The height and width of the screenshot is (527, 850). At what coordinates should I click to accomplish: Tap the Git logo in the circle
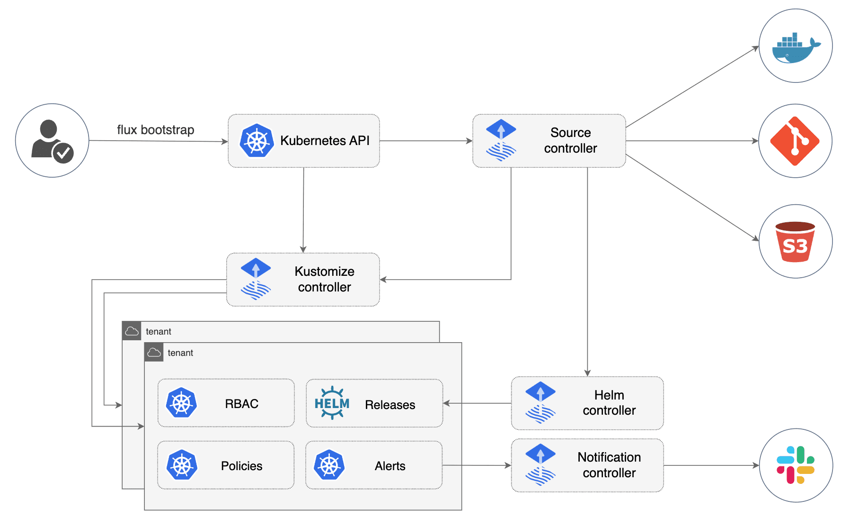coord(795,141)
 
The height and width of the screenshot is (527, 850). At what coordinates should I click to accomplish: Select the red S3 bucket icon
coord(795,242)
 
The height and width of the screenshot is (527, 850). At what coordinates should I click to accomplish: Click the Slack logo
coord(796,465)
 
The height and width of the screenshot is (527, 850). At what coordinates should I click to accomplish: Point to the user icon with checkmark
coord(52,141)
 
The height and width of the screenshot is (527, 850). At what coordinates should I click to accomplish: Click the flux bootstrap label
coord(155,130)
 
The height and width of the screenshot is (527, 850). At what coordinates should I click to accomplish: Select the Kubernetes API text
coord(325,141)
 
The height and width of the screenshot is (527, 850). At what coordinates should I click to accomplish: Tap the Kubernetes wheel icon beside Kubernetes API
coord(257,141)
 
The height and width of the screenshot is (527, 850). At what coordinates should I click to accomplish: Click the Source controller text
coord(570,140)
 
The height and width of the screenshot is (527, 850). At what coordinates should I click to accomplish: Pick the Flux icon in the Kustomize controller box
coord(256,279)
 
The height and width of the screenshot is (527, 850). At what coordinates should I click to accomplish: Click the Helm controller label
coord(609,403)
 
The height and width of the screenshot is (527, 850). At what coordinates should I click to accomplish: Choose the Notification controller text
coord(609,465)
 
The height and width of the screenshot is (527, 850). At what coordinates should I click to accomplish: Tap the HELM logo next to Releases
coord(332,403)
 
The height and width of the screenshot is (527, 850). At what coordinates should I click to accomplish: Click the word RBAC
coord(241,404)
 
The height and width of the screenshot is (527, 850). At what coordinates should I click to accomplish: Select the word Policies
coord(241,466)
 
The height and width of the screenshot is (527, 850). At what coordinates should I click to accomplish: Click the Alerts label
coord(390,466)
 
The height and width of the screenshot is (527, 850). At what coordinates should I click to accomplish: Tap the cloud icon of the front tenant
coord(154,353)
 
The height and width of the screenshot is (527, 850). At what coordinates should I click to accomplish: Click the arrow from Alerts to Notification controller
coord(477,465)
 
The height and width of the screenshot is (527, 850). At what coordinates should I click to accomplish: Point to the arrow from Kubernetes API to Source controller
coord(426,141)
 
